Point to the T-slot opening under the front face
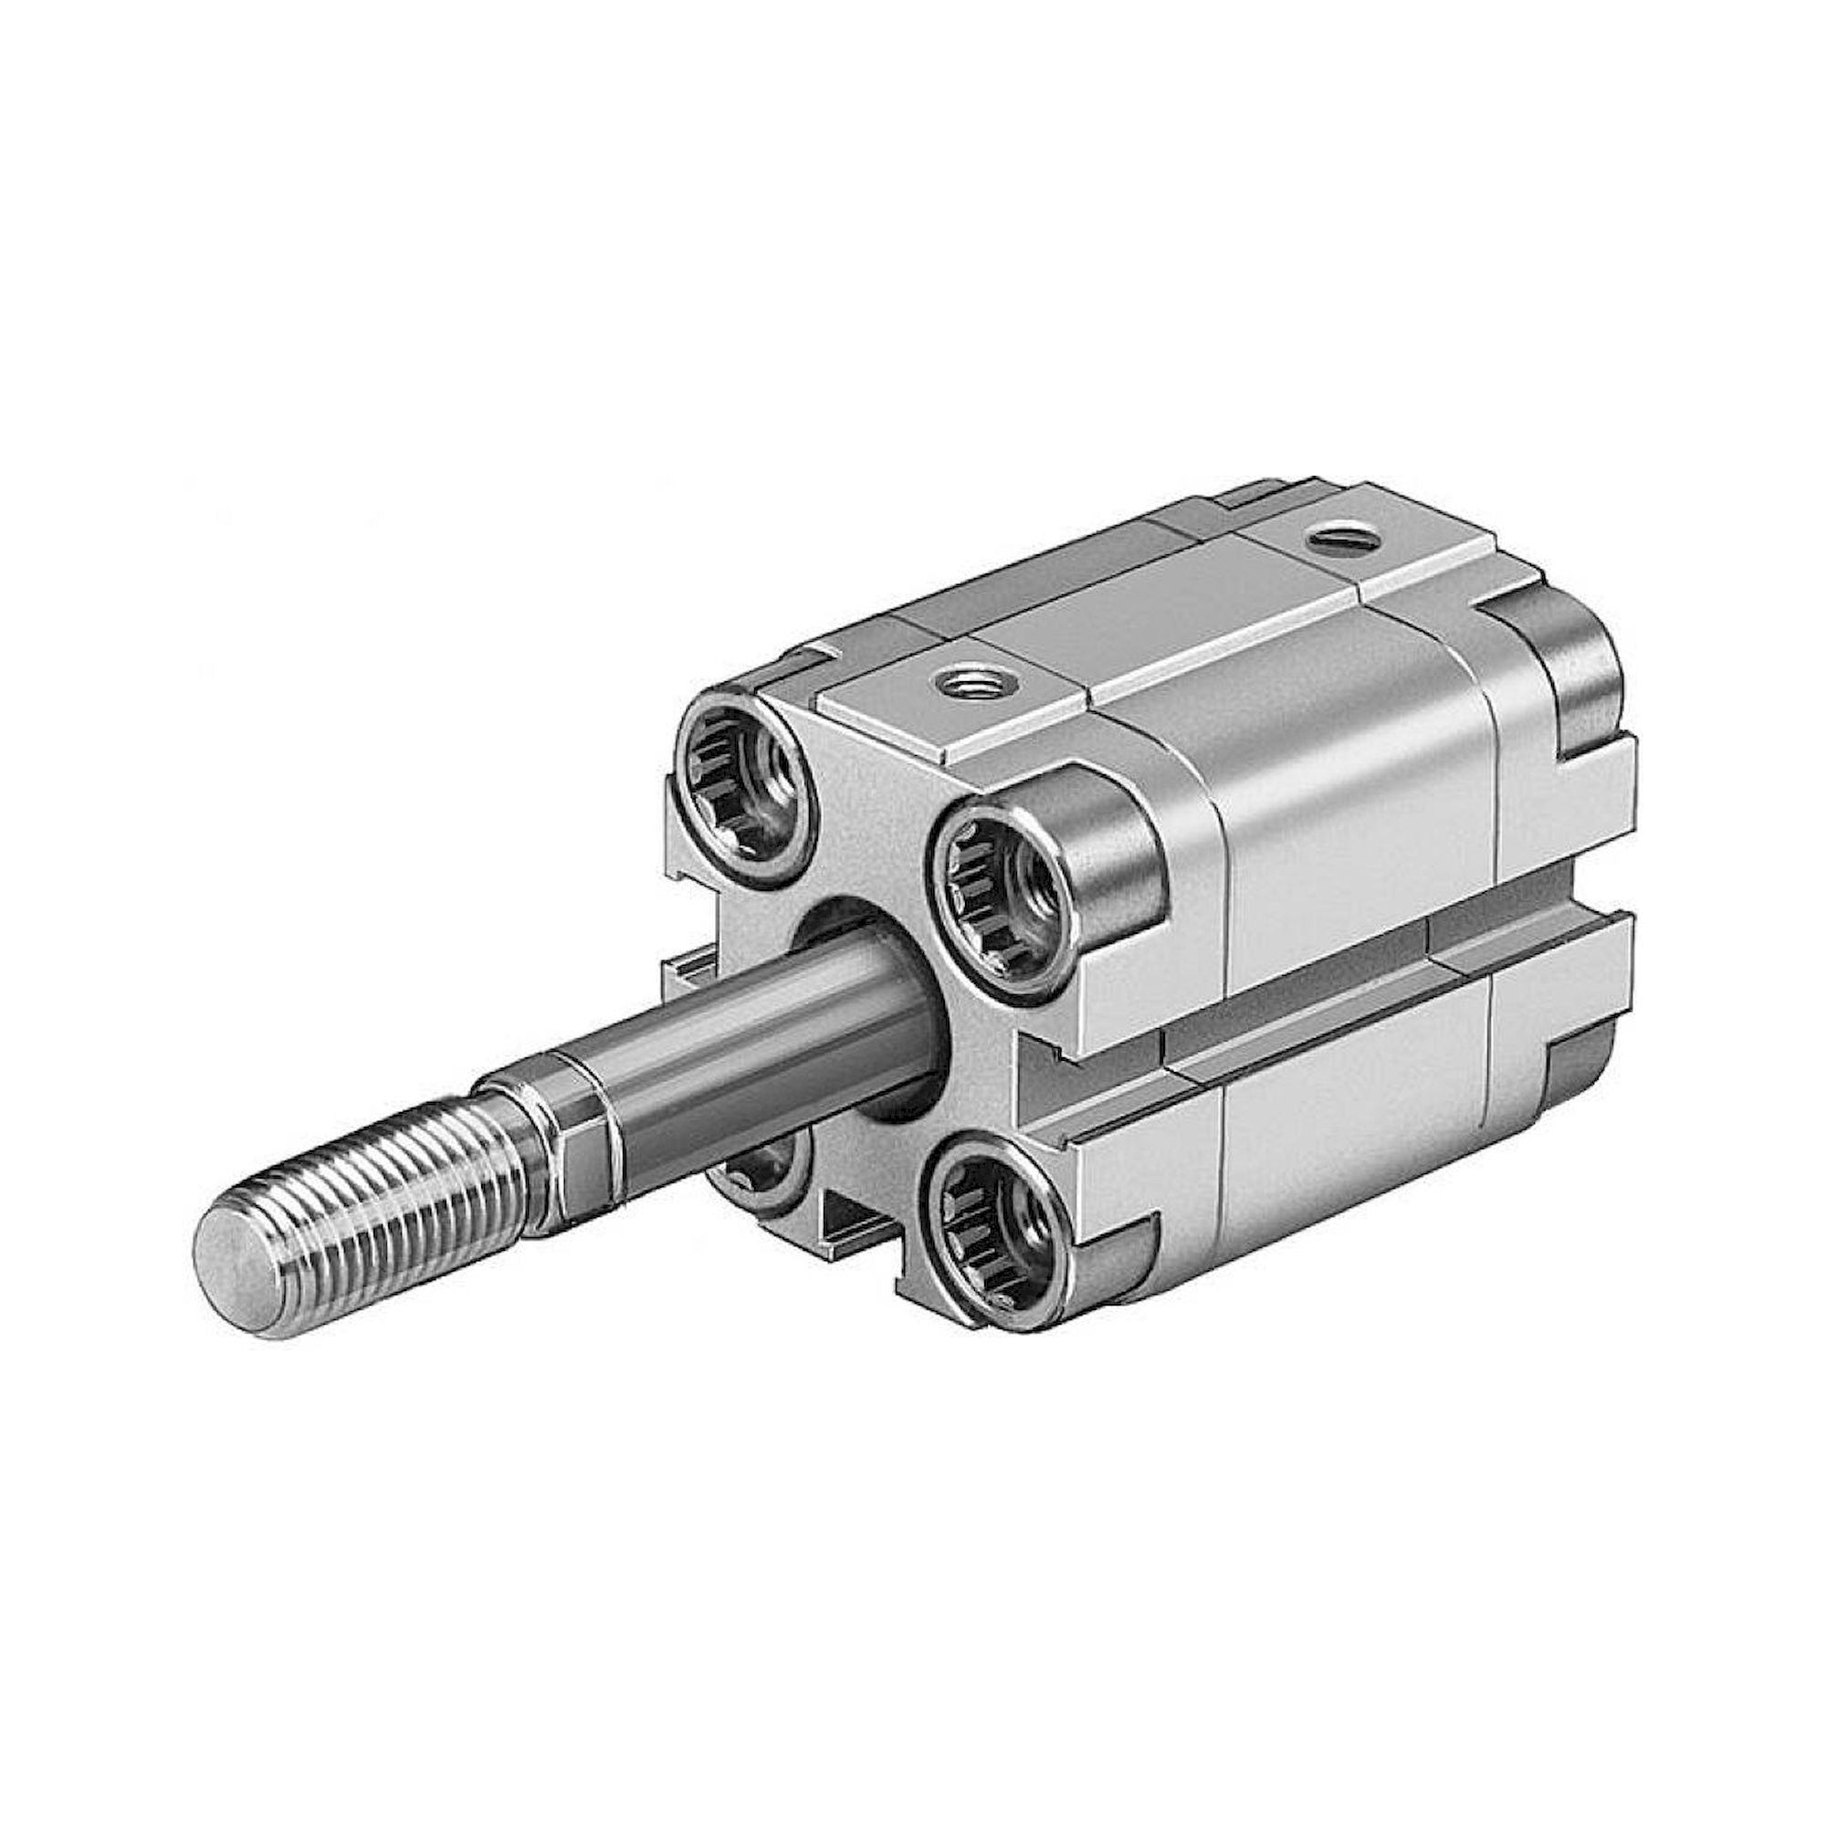point(855,1219)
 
